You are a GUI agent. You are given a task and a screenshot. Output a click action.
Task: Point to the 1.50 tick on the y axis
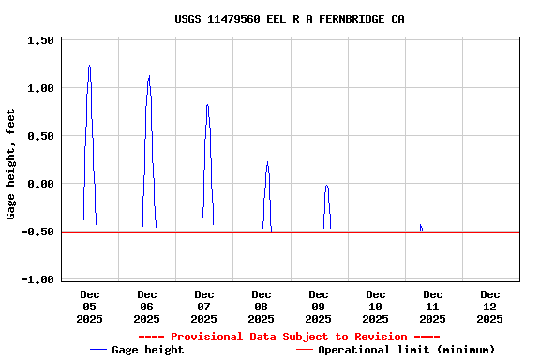pyautogui.click(x=40, y=40)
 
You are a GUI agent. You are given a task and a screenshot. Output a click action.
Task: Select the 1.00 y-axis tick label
pyautogui.click(x=40, y=88)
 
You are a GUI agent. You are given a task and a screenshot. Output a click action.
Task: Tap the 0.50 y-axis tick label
pyautogui.click(x=40, y=136)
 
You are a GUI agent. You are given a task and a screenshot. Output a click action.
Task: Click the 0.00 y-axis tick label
pyautogui.click(x=40, y=184)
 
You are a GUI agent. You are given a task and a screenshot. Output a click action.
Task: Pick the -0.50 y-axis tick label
pyautogui.click(x=37, y=232)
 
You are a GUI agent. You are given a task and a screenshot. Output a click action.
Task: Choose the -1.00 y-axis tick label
pyautogui.click(x=37, y=279)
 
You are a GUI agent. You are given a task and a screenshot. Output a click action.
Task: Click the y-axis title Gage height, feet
pyautogui.click(x=11, y=164)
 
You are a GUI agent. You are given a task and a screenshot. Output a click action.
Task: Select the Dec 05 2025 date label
pyautogui.click(x=89, y=307)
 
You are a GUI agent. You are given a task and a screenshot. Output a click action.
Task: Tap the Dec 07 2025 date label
pyautogui.click(x=203, y=307)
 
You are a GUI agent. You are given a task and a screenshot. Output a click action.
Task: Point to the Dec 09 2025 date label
pyautogui.click(x=318, y=307)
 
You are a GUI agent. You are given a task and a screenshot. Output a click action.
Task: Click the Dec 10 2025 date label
pyautogui.click(x=375, y=307)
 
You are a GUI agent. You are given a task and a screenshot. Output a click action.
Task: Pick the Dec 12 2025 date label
pyautogui.click(x=489, y=307)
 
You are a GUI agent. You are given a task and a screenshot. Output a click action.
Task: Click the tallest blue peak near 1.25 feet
pyautogui.click(x=89, y=67)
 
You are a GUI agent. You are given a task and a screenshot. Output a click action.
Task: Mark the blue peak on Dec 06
pyautogui.click(x=148, y=78)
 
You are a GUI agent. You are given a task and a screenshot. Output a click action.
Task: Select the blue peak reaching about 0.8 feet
pyautogui.click(x=207, y=105)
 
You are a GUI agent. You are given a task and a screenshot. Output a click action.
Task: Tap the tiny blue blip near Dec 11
pyautogui.click(x=421, y=227)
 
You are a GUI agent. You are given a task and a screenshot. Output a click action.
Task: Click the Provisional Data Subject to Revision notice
pyautogui.click(x=289, y=337)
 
